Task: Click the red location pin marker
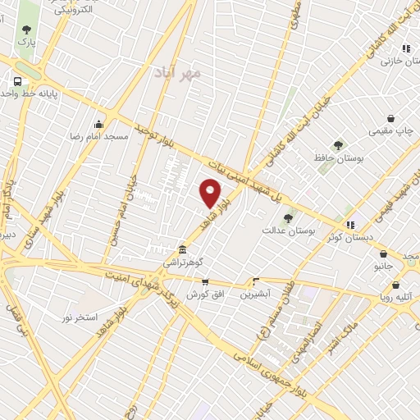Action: [211, 193]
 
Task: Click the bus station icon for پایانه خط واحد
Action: [16, 81]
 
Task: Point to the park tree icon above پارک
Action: [27, 30]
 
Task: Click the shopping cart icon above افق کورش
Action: [203, 281]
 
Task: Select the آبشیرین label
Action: [254, 293]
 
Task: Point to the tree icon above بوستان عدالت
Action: [288, 218]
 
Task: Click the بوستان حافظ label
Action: [332, 155]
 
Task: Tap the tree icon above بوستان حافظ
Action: [336, 144]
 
